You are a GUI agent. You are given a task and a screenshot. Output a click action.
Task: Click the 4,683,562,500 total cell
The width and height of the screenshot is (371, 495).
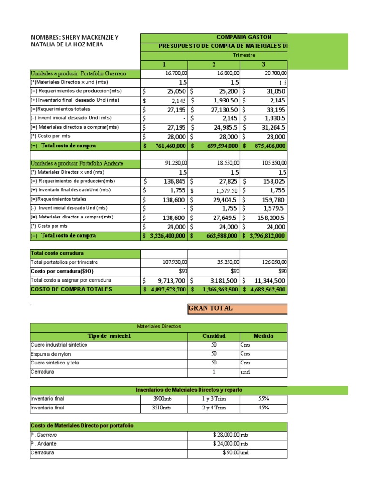[x=267, y=290]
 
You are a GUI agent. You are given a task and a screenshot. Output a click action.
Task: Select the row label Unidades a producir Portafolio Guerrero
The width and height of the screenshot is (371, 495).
[x=78, y=73]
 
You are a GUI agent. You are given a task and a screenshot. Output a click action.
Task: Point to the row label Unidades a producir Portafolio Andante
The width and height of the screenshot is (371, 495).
[x=77, y=163]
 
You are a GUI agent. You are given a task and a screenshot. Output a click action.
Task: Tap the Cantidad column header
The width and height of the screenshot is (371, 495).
[x=214, y=336]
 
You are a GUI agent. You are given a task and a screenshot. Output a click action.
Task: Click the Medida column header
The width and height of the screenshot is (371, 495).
[x=263, y=336]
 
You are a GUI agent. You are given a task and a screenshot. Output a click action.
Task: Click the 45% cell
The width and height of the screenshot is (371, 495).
[x=263, y=408]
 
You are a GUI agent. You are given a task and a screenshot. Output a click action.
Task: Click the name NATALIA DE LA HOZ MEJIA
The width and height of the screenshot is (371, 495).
[x=67, y=45]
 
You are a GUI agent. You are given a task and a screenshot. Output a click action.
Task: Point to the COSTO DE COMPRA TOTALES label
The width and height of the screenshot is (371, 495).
[x=71, y=289]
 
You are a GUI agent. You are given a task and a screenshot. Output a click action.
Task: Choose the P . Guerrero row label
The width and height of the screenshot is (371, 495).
[x=43, y=435]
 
